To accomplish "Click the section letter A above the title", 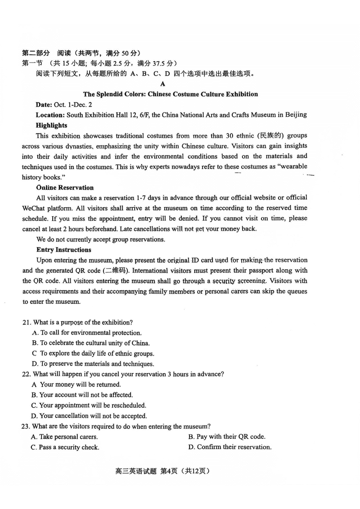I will (x=162, y=84).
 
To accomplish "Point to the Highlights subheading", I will (x=51, y=125).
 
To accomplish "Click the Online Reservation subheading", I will (x=65, y=188).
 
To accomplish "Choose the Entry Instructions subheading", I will (x=63, y=250).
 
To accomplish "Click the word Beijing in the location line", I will (x=296, y=115).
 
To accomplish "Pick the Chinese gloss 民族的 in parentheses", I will (x=270, y=135).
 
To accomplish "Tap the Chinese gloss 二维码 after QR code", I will (x=117, y=271).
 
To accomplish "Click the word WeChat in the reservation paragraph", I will (x=34, y=208).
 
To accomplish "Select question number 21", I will (x=26, y=322).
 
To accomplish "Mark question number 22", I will (x=26, y=374).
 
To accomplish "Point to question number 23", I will (x=26, y=426).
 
